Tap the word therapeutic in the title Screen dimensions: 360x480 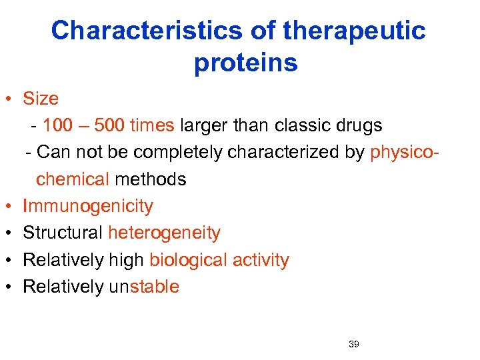tap(354, 31)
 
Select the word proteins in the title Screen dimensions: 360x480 tap(246, 63)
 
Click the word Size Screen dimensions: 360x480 tap(41, 99)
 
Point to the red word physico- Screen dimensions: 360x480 tap(404, 153)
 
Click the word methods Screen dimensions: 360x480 tap(151, 179)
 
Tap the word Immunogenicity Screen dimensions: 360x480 tap(88, 207)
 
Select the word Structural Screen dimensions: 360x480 tap(63, 233)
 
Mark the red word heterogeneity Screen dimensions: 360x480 tap(164, 233)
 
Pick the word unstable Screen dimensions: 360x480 tap(144, 287)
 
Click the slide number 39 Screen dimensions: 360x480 tap(353, 345)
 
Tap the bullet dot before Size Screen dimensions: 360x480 tap(9, 100)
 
